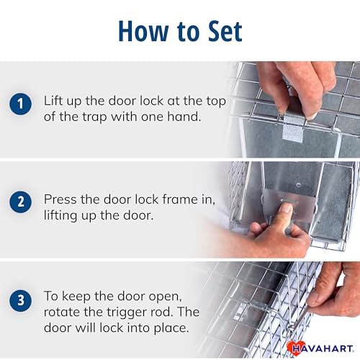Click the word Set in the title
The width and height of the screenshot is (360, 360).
[225, 31]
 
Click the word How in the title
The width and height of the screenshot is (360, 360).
[143, 31]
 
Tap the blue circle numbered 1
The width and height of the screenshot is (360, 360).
[20, 104]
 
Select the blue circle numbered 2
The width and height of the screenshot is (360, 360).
[20, 202]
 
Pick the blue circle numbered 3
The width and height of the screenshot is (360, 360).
[20, 300]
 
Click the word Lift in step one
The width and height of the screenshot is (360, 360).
[53, 100]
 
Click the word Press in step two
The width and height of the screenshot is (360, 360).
[60, 199]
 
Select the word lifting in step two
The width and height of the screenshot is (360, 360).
[60, 215]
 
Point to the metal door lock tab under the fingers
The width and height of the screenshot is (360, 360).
[293, 127]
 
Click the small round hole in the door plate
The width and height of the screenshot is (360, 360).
[298, 185]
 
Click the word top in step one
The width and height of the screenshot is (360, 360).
[216, 102]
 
